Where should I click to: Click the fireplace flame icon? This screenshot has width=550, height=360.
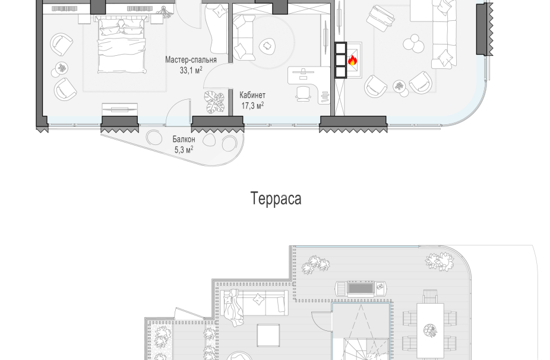click(x=353, y=61)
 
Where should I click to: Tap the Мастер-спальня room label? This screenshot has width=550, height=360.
click(x=191, y=59)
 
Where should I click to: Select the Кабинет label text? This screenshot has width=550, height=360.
click(x=252, y=95)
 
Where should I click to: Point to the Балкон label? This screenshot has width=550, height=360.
click(x=184, y=139)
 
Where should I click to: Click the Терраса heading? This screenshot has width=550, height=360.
click(x=276, y=198)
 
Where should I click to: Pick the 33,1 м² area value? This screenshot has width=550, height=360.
click(x=191, y=70)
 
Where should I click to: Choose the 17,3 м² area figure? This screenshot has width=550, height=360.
click(x=252, y=105)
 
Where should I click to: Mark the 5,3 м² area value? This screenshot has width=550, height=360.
click(x=184, y=150)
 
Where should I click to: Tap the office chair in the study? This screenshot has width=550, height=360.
click(x=304, y=94)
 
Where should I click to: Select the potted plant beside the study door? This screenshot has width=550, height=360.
click(x=214, y=102)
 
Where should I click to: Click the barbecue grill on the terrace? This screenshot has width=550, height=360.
click(x=361, y=289)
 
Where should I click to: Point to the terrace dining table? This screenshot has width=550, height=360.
click(x=431, y=330)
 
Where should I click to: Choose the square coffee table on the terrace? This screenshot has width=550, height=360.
click(x=268, y=336)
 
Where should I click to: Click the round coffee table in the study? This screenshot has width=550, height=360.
click(x=267, y=46)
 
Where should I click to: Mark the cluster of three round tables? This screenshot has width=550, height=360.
click(x=413, y=43)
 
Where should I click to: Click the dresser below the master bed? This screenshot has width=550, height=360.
click(x=119, y=109)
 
